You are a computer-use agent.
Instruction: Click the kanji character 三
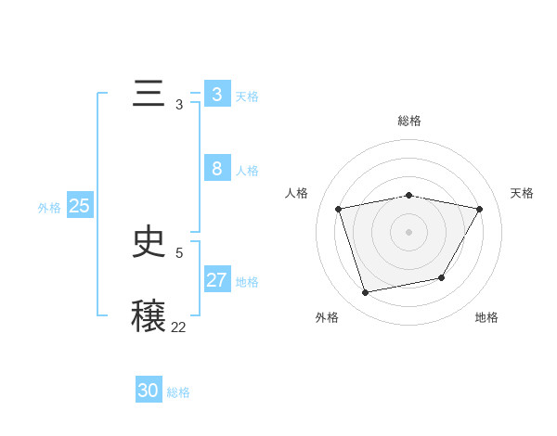point(149,96)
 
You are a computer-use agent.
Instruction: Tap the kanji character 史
point(149,242)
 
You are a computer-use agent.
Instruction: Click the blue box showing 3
point(216,95)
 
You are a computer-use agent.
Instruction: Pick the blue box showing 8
point(216,169)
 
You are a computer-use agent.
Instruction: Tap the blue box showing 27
point(216,280)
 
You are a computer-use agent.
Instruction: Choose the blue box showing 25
point(79,206)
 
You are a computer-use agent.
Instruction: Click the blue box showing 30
point(149,391)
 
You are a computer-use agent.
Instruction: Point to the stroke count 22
point(178,327)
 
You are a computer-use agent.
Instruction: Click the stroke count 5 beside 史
point(179,252)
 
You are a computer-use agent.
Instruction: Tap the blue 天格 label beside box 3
point(247,96)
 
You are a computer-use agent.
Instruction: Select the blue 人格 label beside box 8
point(247,171)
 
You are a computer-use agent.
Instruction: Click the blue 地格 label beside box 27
point(247,282)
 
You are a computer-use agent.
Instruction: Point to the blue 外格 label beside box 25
point(49,208)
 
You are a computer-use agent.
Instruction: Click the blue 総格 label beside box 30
point(178,392)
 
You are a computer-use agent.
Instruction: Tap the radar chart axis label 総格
point(409,121)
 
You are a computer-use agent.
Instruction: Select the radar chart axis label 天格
point(522,193)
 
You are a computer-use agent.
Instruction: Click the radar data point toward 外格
point(366,292)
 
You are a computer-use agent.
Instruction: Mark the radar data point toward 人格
point(339,209)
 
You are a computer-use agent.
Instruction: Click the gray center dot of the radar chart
point(409,231)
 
